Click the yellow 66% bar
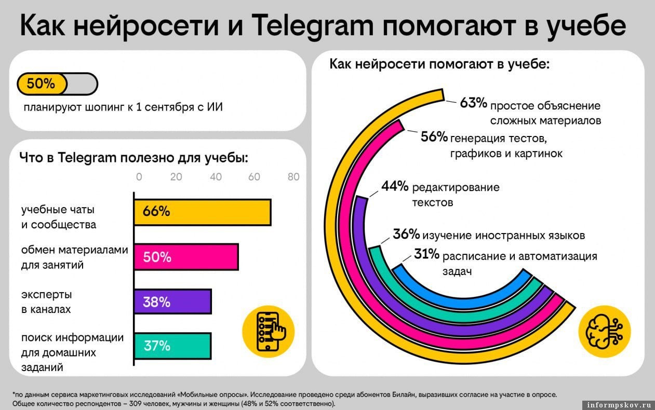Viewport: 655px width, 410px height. [203, 212]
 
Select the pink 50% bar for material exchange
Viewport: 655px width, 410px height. [186, 257]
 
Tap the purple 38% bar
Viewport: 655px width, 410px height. [172, 302]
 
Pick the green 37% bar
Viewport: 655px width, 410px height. [172, 346]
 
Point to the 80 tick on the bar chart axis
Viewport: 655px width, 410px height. [293, 177]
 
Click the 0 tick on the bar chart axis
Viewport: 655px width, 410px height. [139, 177]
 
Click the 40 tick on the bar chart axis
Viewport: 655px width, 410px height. [216, 177]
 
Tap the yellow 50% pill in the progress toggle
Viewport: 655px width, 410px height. [42, 84]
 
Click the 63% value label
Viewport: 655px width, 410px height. [473, 103]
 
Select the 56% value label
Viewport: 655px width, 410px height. [434, 136]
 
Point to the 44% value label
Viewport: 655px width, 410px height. [395, 186]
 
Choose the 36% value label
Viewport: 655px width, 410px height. [406, 234]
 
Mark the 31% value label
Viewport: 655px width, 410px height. [426, 254]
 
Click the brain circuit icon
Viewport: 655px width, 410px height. [605, 332]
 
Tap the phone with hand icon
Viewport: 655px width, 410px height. [269, 332]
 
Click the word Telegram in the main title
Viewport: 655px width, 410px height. [312, 26]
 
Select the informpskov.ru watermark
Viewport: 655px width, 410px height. [618, 405]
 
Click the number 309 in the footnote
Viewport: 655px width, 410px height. [135, 404]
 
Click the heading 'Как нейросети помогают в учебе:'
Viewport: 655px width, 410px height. [439, 64]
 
